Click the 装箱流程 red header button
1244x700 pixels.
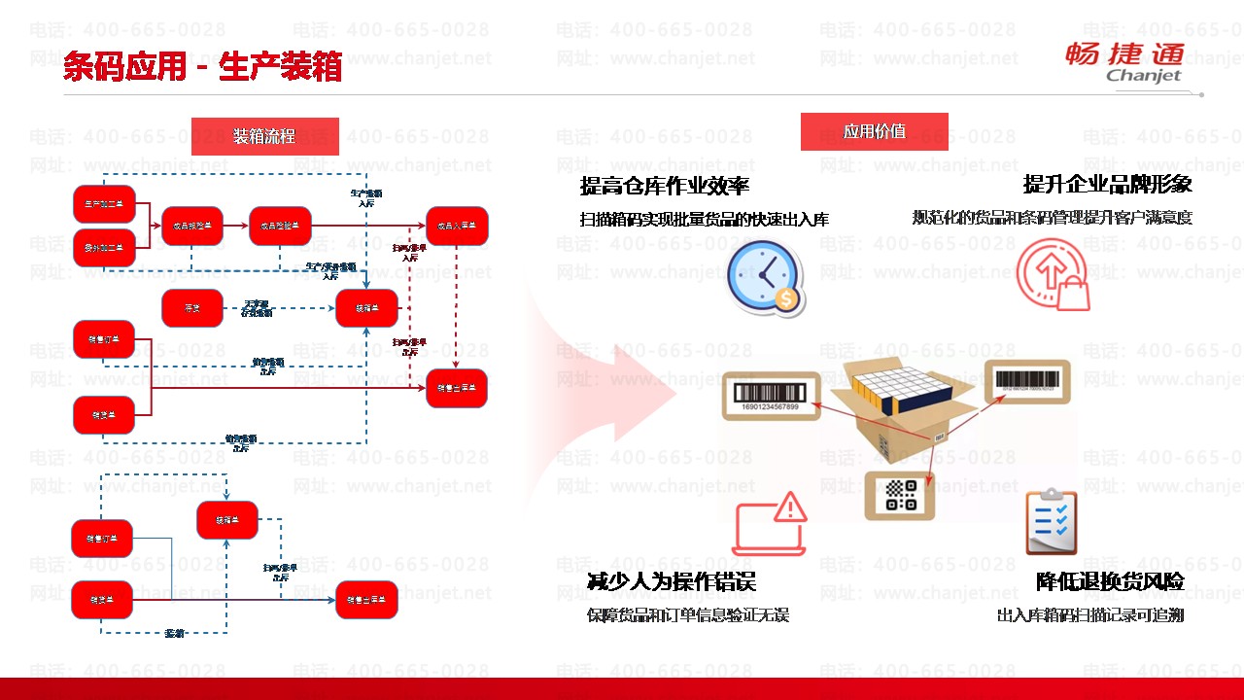coord(264,136)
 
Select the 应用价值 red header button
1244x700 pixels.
coord(874,131)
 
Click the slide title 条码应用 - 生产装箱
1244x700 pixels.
coord(202,67)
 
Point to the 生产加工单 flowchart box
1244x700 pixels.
coord(104,204)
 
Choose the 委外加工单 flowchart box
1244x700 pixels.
coord(104,248)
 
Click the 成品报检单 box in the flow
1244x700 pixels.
coord(192,226)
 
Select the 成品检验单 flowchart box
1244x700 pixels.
coord(280,226)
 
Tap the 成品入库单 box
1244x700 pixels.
coord(457,226)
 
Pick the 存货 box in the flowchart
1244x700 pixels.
coord(191,308)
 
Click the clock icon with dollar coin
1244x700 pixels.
coord(766,278)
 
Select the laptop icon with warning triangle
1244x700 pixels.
coord(771,524)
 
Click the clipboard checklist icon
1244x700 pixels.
coord(1051,522)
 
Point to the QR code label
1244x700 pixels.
coord(901,495)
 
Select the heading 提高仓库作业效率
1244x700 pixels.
coord(665,185)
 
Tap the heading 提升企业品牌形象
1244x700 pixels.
coord(1107,184)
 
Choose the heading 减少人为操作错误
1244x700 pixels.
coord(672,581)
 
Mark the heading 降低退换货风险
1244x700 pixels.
coord(1110,581)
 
